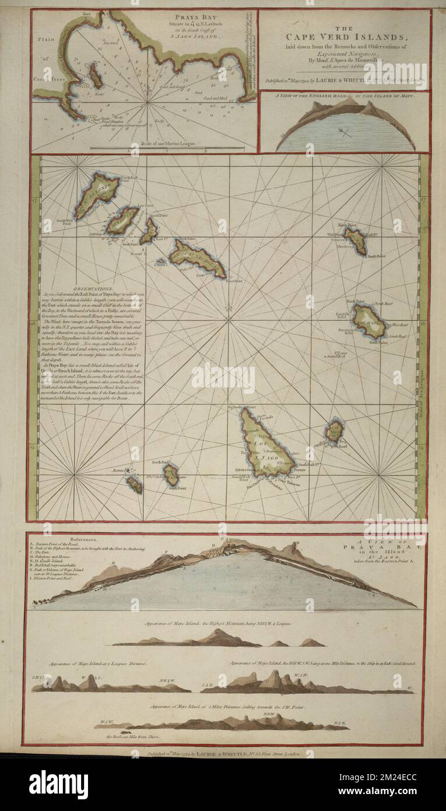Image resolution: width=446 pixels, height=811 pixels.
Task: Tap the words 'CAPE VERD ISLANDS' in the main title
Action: (343, 39)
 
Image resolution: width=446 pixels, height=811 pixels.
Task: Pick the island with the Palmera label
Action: (355, 240)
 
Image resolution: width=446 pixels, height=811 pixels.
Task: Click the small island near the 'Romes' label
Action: (134, 483)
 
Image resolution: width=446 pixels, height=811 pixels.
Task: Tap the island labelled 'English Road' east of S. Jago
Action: (334, 432)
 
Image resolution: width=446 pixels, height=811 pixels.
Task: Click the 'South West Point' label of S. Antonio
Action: (65, 222)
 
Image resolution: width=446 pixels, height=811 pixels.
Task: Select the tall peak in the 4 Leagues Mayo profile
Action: (219, 637)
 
